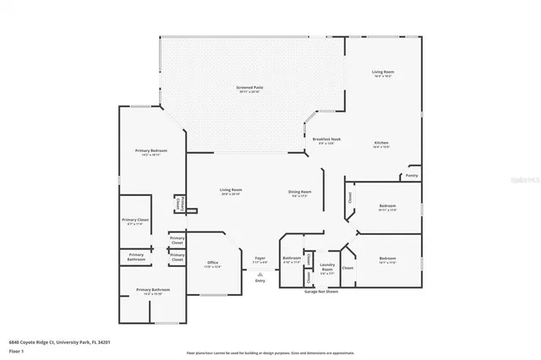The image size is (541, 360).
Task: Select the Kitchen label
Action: (x=382, y=145)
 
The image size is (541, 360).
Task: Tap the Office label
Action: (x=213, y=265)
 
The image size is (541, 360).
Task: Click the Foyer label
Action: (x=260, y=259)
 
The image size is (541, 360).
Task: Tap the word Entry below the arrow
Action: (x=260, y=281)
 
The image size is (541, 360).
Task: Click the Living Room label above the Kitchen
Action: (x=384, y=74)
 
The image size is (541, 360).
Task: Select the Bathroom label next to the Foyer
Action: (x=292, y=259)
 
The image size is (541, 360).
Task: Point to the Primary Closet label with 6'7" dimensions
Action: (x=135, y=221)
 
